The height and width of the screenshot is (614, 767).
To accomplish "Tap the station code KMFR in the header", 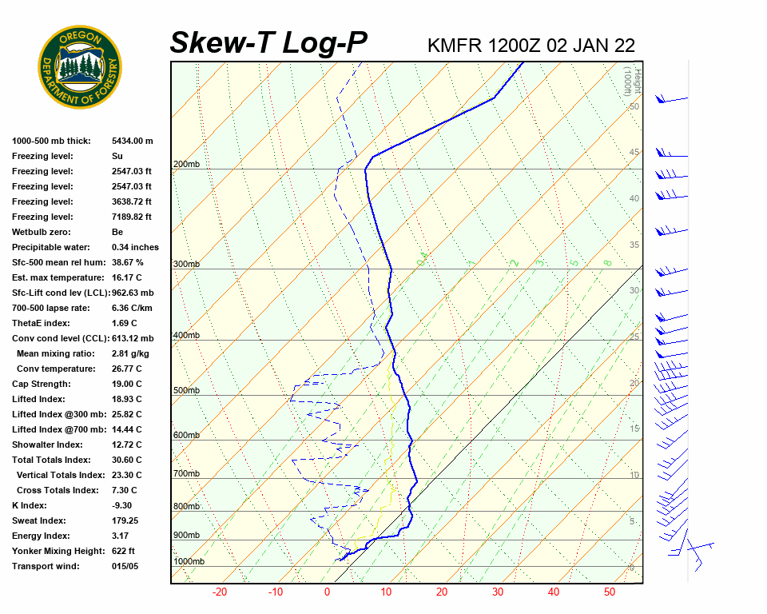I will point(455,45).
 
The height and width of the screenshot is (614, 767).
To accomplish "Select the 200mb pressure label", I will point(185,165).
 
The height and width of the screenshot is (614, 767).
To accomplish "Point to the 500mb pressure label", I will point(185,391).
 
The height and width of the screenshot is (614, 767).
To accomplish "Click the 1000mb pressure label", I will point(189,562).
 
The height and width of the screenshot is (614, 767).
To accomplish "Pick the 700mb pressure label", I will point(185,474).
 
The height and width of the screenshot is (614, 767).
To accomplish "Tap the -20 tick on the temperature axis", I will point(220,592).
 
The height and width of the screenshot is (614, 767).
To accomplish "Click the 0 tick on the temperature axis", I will point(327,592).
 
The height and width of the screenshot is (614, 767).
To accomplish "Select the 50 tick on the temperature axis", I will point(610,592).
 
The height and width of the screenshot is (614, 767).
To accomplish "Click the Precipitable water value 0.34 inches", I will point(135,247).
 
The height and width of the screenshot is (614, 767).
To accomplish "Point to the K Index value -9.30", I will point(121,505).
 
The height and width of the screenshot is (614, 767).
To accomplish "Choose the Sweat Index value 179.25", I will point(125,520).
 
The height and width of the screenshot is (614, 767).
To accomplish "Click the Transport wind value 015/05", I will point(125,566).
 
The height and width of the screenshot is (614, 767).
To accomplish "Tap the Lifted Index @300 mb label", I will point(54,414).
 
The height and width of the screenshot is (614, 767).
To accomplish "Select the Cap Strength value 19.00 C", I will point(126,384).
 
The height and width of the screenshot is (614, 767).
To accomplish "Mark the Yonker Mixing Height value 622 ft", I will point(123,551).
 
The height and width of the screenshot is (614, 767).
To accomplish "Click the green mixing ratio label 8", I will point(607,262).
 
